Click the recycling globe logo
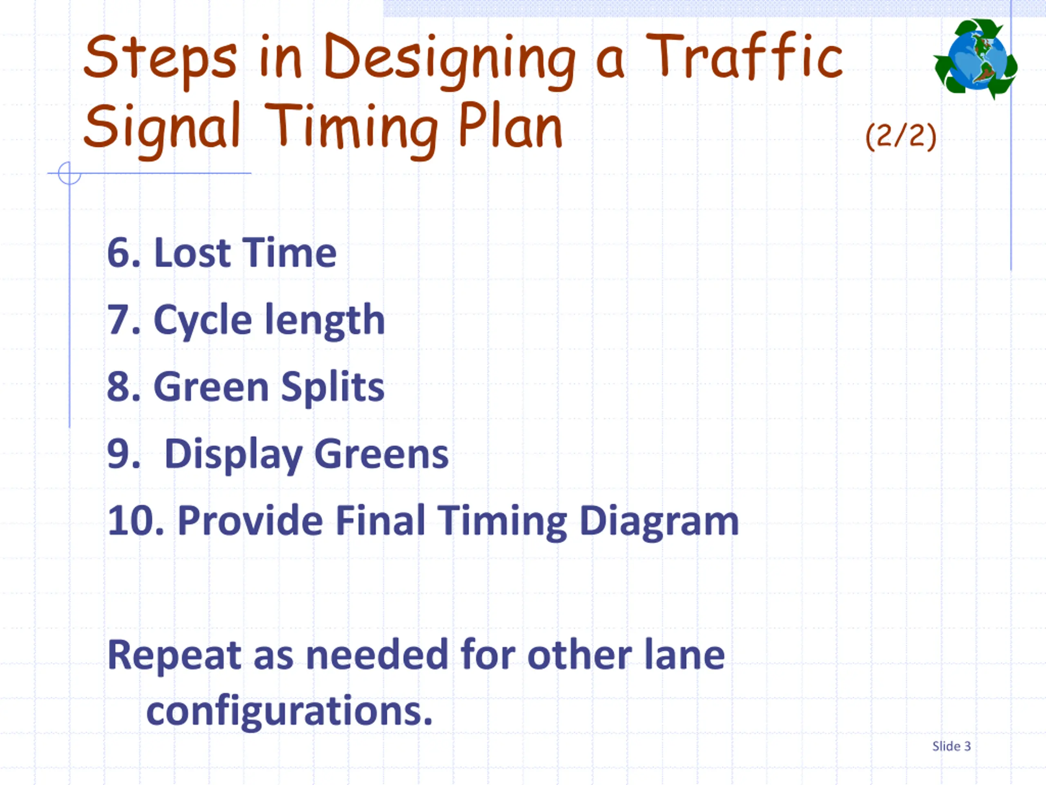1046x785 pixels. point(975,59)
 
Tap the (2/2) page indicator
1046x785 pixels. point(901,136)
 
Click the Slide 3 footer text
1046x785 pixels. point(951,746)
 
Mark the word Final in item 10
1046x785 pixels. point(381,521)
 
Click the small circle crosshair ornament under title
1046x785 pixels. point(69,173)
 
